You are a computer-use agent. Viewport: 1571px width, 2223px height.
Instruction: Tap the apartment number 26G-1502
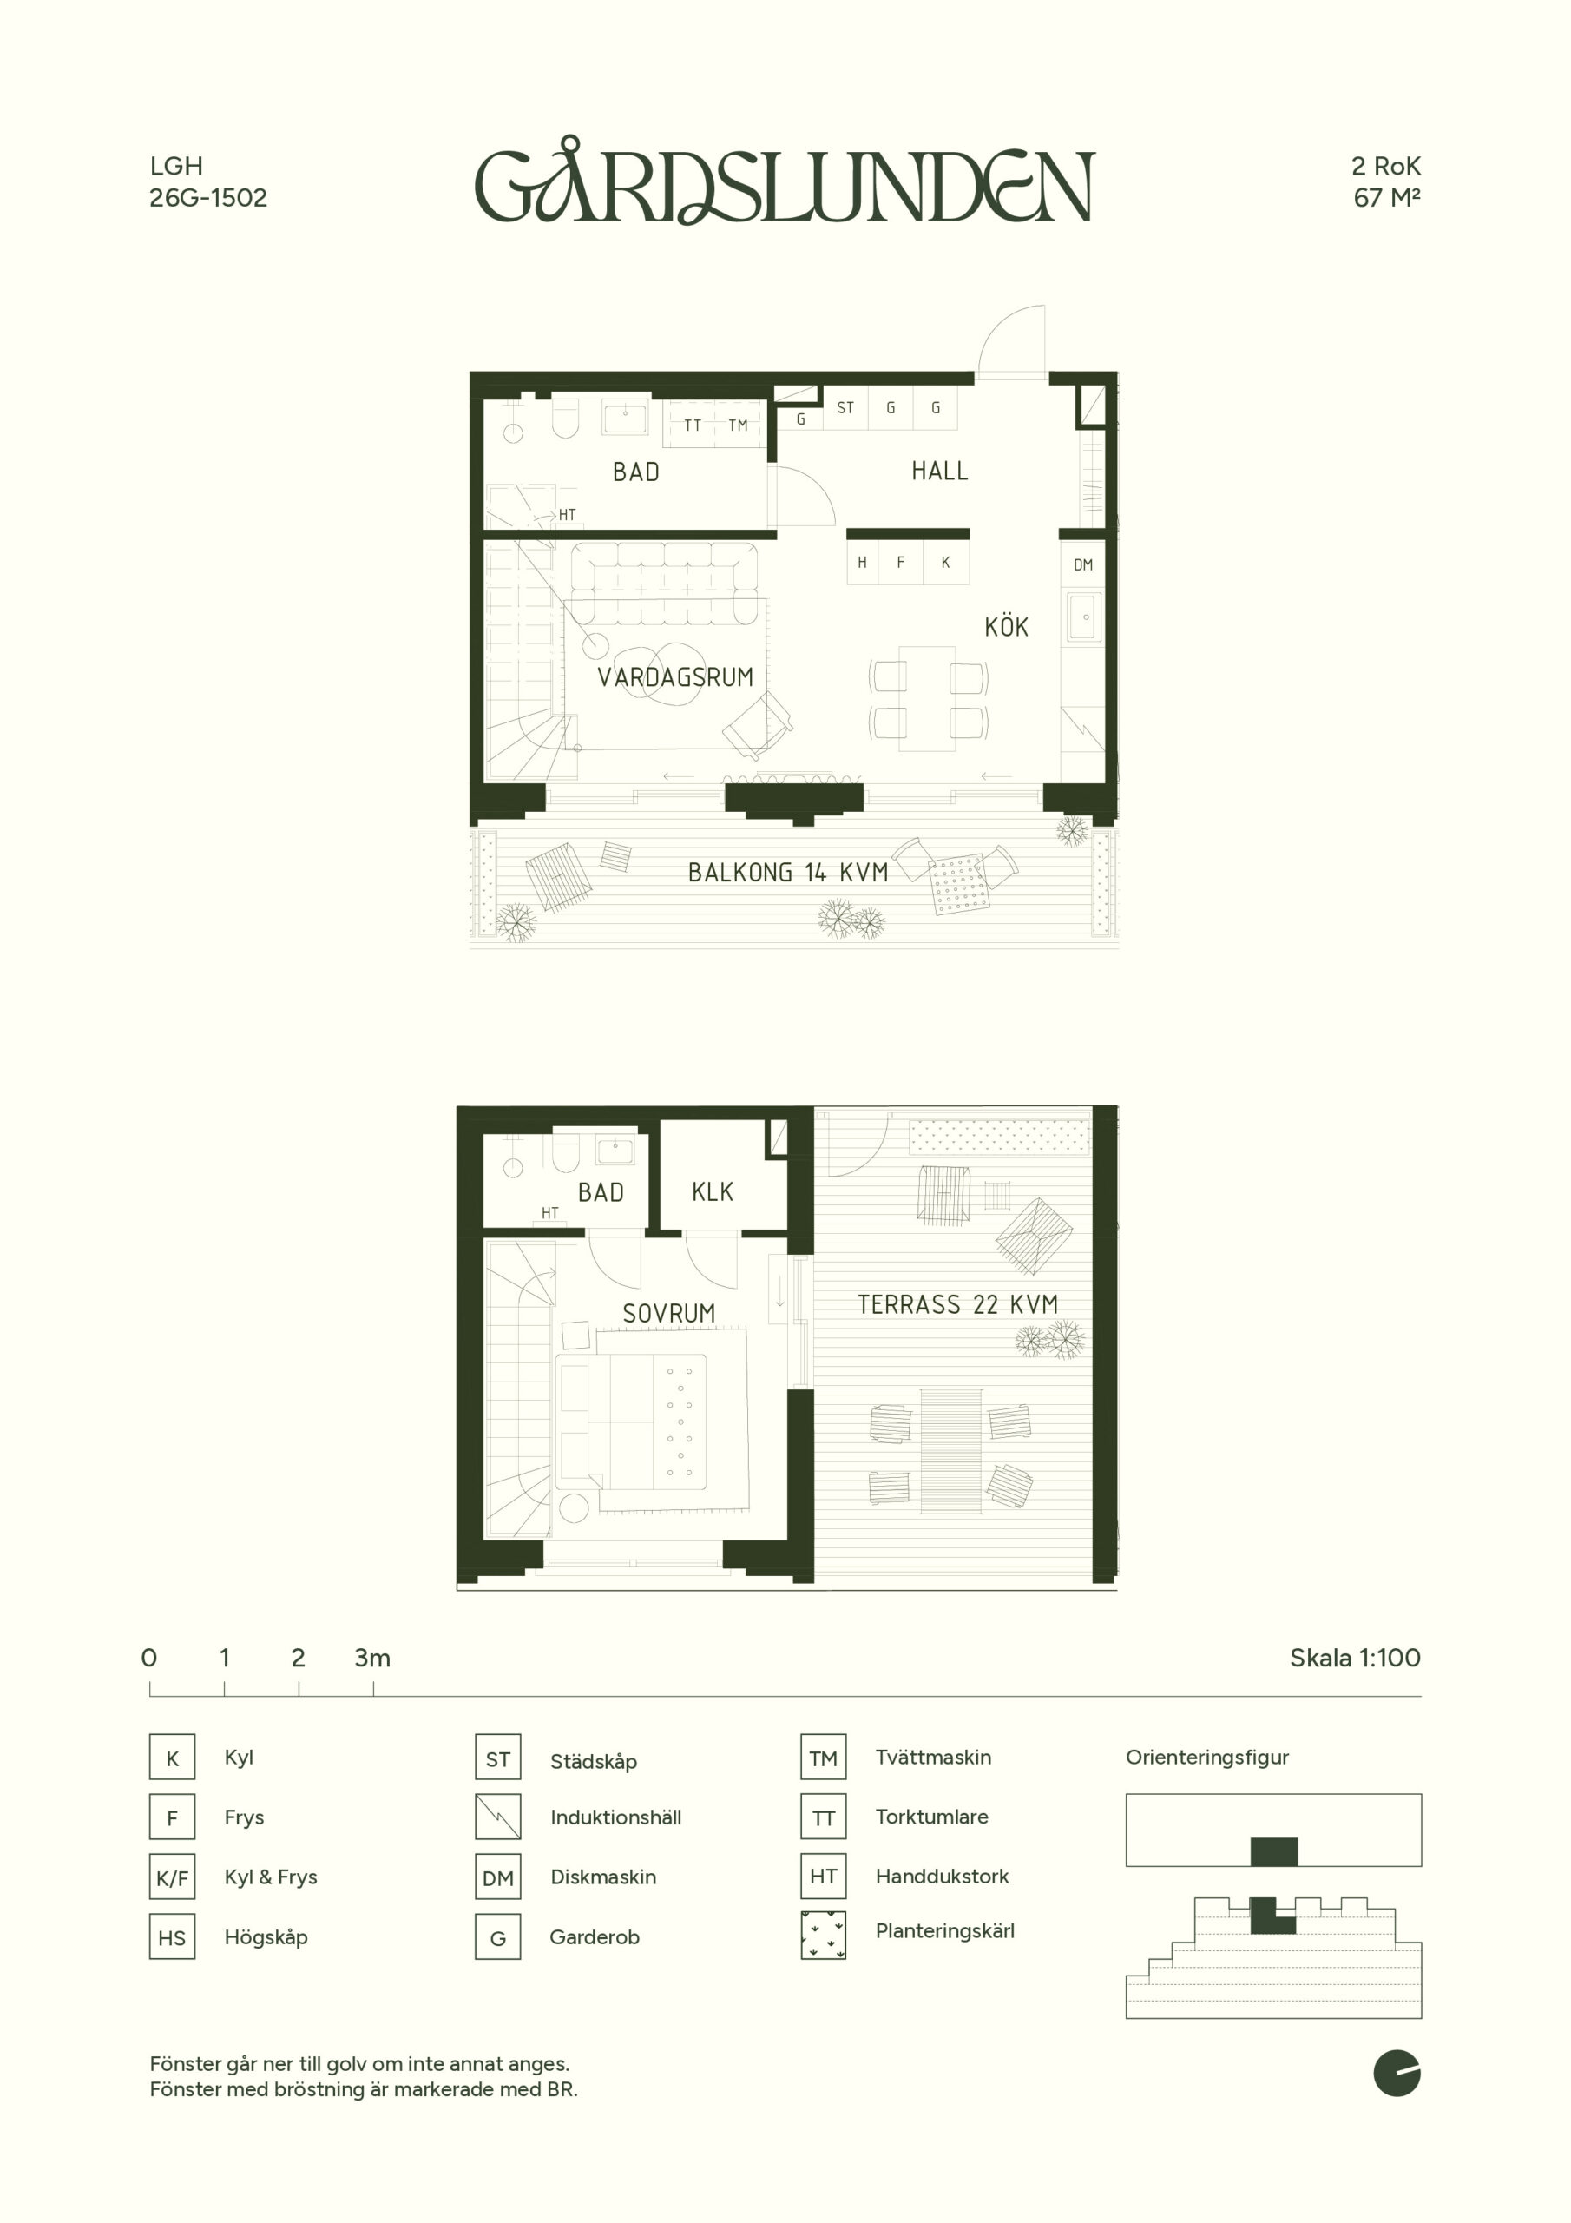(208, 197)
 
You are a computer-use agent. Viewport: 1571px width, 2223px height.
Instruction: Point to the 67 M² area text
(1387, 197)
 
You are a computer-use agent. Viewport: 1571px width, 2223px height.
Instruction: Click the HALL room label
(939, 472)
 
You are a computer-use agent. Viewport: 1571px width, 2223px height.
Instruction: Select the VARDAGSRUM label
(674, 676)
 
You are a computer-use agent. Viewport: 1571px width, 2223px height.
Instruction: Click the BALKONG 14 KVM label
(788, 873)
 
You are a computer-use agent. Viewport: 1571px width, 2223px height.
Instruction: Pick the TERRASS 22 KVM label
(957, 1304)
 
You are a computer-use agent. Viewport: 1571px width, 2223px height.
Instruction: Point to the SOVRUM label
(669, 1313)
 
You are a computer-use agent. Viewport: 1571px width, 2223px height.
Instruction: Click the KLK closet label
(713, 1192)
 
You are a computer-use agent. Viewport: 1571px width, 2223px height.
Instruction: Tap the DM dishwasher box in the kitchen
(1083, 564)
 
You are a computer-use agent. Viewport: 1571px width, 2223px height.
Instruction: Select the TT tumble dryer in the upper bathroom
(692, 425)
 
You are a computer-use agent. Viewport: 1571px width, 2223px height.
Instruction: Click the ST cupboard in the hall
(845, 407)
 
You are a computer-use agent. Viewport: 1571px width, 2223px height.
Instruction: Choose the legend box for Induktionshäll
(497, 1817)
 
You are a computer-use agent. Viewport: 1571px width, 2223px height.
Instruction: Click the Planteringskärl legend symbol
(824, 1935)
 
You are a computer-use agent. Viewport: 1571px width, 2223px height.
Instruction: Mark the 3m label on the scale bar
(372, 1658)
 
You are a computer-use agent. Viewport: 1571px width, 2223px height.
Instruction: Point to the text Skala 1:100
(1355, 1658)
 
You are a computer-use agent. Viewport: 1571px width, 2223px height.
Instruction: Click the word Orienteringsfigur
(1207, 1758)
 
